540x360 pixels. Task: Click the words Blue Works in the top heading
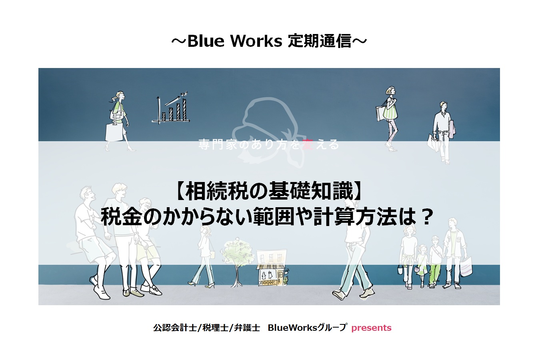[234, 41]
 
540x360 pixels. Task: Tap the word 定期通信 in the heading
[320, 41]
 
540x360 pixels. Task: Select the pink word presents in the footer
[371, 328]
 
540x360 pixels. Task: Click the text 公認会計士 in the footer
[175, 328]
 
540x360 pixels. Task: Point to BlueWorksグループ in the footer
[307, 328]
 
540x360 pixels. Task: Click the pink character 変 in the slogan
[308, 144]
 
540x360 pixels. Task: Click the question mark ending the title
[426, 217]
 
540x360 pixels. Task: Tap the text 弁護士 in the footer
[247, 328]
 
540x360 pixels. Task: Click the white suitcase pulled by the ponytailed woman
[114, 132]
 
